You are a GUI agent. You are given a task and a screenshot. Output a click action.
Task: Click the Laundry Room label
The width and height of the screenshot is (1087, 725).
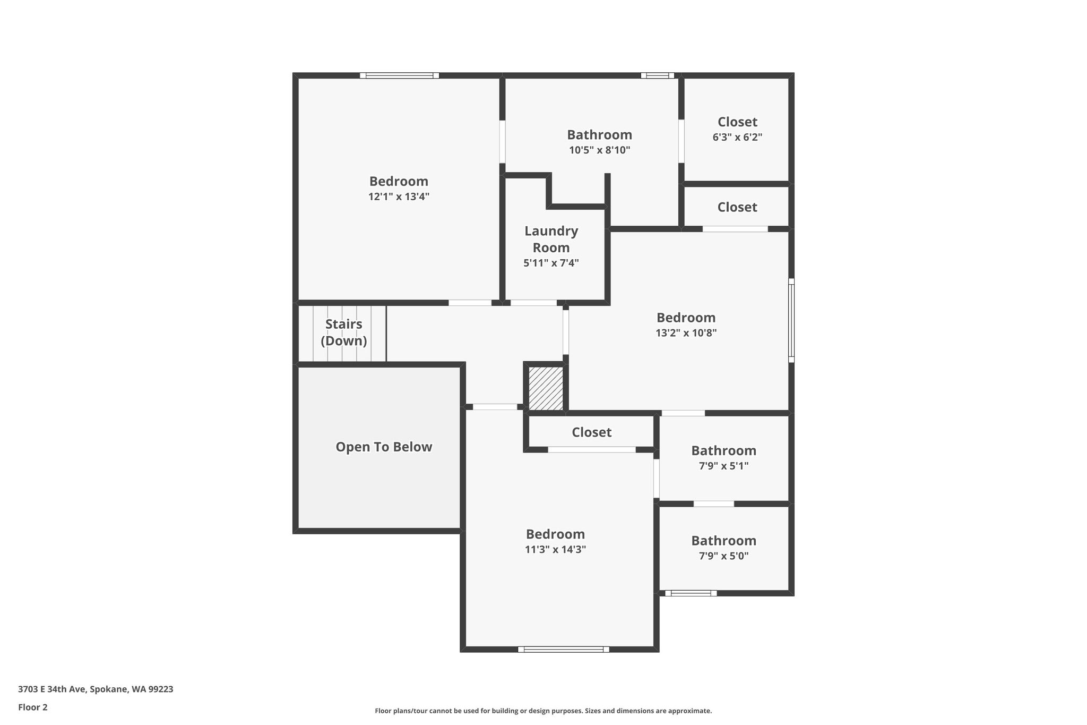click(x=551, y=239)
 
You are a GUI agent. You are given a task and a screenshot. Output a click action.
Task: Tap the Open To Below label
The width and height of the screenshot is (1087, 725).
click(x=384, y=447)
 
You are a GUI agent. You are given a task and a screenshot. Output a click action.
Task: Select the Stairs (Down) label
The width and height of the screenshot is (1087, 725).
click(x=343, y=332)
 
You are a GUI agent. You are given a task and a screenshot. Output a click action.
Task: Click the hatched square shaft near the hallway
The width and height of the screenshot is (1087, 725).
click(x=546, y=388)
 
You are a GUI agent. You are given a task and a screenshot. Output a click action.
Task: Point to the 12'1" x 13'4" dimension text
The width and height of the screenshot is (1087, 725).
click(x=399, y=197)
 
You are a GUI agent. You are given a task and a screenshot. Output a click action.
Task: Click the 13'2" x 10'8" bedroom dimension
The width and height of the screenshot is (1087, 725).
click(x=686, y=333)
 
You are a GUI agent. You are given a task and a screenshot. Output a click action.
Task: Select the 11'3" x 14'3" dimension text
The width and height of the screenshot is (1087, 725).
click(x=555, y=549)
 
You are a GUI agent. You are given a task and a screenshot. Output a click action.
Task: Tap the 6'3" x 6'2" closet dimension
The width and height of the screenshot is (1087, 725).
click(x=737, y=137)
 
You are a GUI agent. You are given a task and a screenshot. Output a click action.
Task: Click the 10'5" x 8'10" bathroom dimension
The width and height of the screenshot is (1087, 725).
click(x=599, y=150)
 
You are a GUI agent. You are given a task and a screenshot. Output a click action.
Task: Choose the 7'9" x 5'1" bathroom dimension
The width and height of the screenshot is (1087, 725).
click(x=723, y=466)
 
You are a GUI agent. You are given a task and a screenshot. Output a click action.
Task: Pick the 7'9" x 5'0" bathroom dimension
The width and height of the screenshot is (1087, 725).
click(x=723, y=556)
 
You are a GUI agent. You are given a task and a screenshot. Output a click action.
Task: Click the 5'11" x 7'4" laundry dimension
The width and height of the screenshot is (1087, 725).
click(x=551, y=262)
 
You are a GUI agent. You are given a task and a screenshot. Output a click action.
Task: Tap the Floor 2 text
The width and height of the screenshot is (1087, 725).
click(x=33, y=707)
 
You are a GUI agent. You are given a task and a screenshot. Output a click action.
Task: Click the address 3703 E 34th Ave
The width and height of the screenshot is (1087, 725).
click(x=96, y=689)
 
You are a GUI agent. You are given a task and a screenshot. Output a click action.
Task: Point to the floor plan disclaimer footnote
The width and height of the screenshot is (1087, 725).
click(x=543, y=711)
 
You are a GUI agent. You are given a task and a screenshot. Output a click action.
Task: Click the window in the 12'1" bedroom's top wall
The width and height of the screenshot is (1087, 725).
click(x=399, y=75)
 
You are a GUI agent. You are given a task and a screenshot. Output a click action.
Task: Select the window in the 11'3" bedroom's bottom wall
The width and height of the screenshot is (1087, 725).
click(x=563, y=649)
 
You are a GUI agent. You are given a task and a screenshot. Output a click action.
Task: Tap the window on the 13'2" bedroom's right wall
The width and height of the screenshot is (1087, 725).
click(x=791, y=320)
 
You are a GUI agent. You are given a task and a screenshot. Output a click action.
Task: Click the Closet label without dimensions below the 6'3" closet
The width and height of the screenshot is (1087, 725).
click(x=737, y=207)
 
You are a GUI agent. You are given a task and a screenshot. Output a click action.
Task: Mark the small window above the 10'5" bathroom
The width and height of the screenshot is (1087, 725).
click(x=657, y=75)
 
